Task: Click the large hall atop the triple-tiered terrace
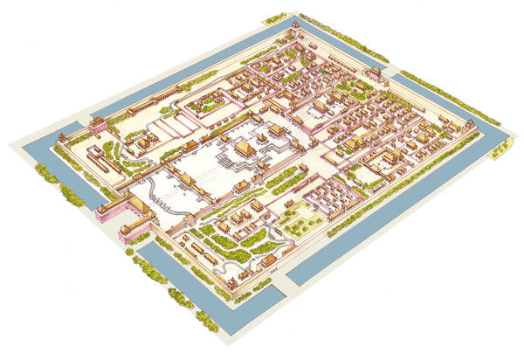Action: point(247,149)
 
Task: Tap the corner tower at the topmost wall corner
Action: point(295,31)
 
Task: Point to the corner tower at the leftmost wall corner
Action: point(62,138)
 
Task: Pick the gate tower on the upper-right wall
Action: point(376,73)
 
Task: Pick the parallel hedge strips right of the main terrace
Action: point(285,179)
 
